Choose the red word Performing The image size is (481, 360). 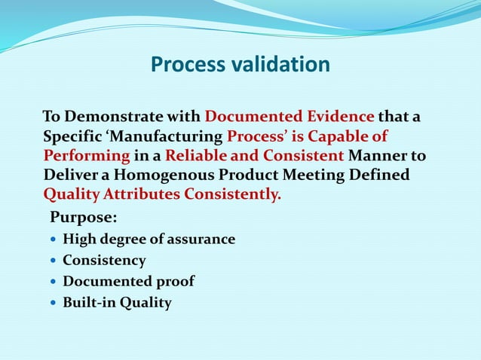(x=87, y=156)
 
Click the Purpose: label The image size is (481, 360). (x=82, y=218)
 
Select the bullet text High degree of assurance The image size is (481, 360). (x=149, y=239)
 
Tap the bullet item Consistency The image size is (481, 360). (x=104, y=261)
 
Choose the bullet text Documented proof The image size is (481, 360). (x=128, y=282)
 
